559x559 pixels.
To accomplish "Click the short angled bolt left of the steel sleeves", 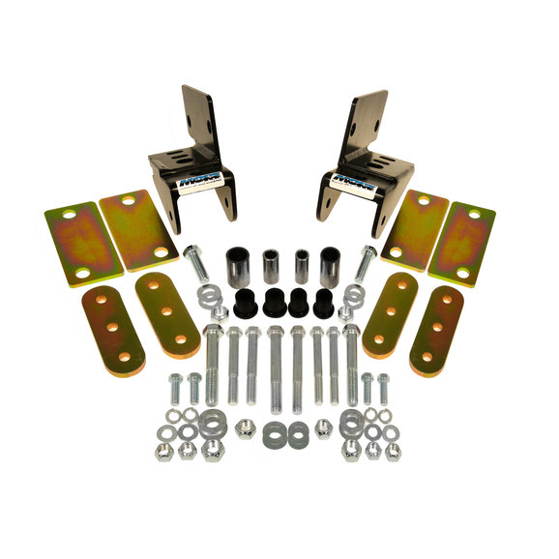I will pyautogui.click(x=196, y=265).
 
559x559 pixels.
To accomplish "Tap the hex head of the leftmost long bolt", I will pyautogui.click(x=213, y=334).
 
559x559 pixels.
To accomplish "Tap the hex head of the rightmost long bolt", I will pyautogui.click(x=350, y=334).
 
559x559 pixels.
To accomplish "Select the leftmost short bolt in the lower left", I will pyautogui.click(x=176, y=387).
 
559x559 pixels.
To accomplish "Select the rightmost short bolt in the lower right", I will pyautogui.click(x=384, y=387).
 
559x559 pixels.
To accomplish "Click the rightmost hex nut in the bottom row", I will pyautogui.click(x=392, y=452).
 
